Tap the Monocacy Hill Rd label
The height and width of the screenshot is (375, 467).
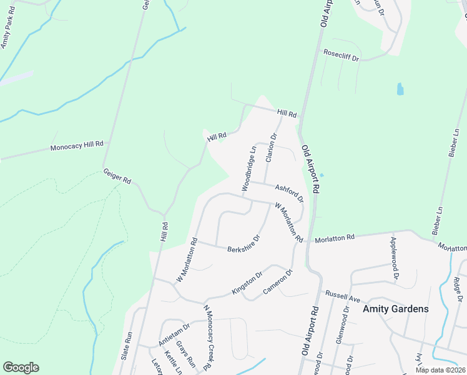coord(77,147)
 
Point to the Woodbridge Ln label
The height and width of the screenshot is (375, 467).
coord(249,168)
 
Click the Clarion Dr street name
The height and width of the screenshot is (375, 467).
coord(271,147)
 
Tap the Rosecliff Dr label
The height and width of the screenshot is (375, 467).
coord(341,56)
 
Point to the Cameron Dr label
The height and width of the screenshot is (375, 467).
coord(278,282)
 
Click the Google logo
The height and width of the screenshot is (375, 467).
coord(21,367)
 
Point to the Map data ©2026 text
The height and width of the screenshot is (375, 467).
coord(441,370)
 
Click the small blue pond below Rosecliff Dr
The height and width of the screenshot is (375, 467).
coord(400,89)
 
